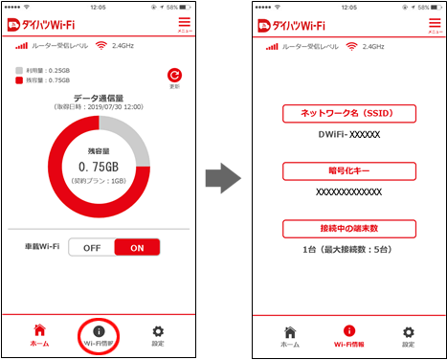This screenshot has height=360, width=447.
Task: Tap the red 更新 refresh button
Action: pyautogui.click(x=174, y=75)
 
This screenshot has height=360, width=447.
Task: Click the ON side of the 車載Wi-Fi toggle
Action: pyautogui.click(x=136, y=247)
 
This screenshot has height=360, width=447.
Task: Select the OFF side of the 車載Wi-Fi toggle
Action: pyautogui.click(x=92, y=247)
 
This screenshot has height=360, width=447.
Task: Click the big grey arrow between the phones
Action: pyautogui.click(x=222, y=176)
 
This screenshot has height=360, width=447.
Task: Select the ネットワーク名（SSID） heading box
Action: pyautogui.click(x=349, y=114)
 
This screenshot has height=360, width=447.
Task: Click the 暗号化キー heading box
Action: pyautogui.click(x=349, y=171)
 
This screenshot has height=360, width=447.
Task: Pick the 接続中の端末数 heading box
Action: pyautogui.click(x=349, y=228)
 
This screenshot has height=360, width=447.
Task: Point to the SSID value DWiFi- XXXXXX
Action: pyautogui.click(x=349, y=135)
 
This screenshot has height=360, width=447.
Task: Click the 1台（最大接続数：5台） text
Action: pyautogui.click(x=349, y=249)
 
